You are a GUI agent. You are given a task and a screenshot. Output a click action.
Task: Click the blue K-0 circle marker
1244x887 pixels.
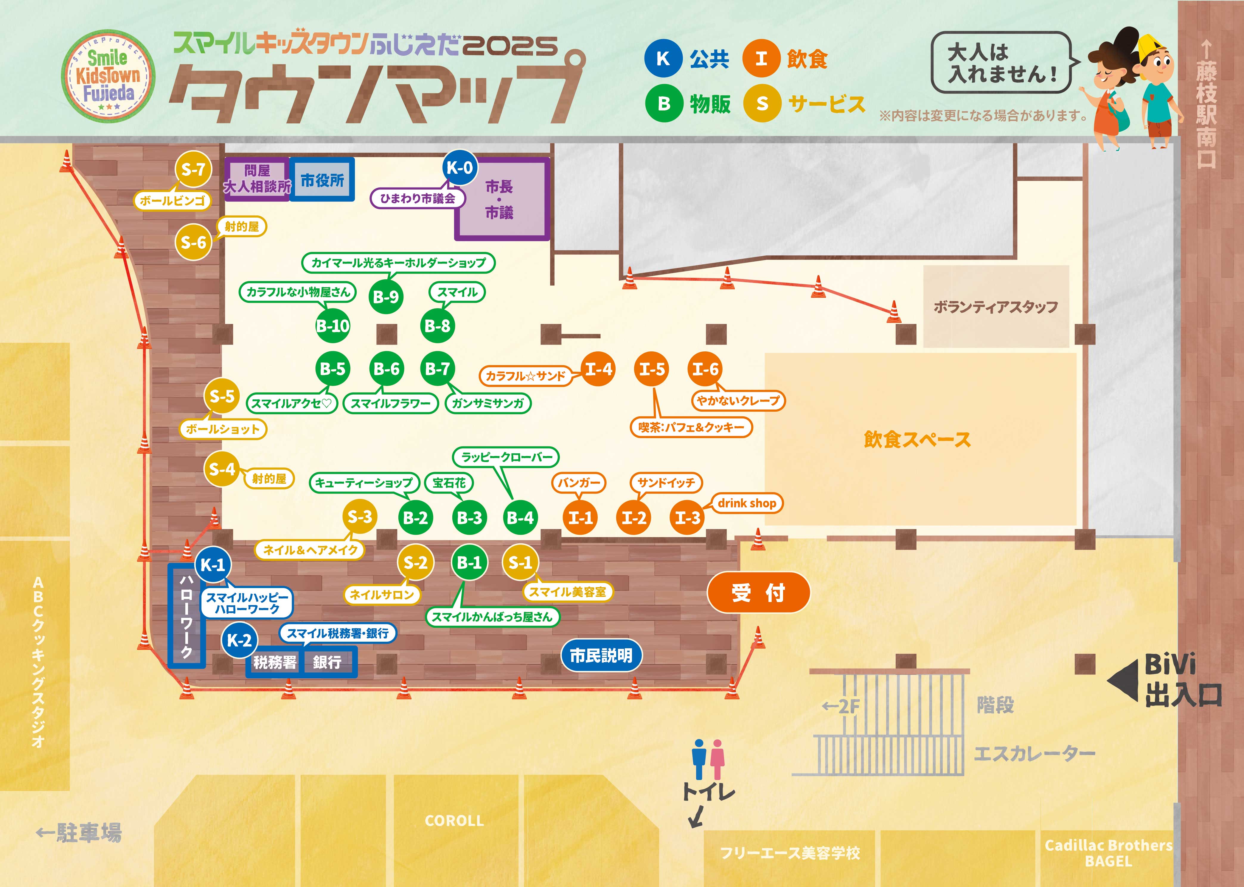460,168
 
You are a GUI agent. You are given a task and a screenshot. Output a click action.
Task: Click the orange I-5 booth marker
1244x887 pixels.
652,369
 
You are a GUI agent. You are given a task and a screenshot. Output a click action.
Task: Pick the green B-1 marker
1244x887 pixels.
469,562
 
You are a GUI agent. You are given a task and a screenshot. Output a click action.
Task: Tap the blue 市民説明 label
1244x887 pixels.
601,655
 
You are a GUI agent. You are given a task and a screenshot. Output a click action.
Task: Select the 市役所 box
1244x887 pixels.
322,180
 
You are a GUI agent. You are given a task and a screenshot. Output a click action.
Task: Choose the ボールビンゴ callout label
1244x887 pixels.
172,201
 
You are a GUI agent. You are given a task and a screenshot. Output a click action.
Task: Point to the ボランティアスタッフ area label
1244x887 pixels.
995,307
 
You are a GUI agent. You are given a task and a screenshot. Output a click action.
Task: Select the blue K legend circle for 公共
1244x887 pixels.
663,58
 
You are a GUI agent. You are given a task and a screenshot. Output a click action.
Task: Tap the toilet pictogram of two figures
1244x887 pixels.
708,759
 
